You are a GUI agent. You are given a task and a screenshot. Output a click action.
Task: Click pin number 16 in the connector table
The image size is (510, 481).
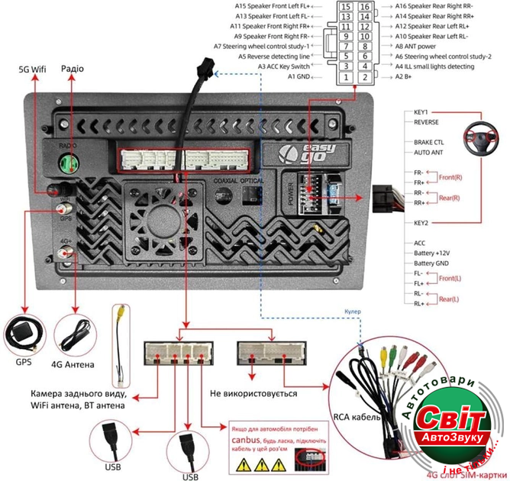click(x=365, y=7)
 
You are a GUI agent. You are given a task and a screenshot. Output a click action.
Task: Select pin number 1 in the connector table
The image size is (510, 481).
click(x=347, y=77)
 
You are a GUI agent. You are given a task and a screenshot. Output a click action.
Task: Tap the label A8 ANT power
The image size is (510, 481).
click(x=426, y=46)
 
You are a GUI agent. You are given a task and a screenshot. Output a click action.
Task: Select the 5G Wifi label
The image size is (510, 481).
click(x=33, y=69)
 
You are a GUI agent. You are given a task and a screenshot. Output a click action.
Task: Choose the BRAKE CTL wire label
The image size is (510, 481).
click(x=428, y=142)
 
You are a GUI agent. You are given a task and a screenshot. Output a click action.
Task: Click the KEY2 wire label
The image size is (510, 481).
click(x=421, y=223)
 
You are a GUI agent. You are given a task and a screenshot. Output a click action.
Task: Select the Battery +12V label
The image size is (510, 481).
click(x=432, y=253)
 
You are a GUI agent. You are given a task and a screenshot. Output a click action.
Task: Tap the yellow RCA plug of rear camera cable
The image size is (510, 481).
click(x=121, y=314)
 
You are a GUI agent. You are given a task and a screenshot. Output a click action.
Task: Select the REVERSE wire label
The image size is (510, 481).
click(x=426, y=121)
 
